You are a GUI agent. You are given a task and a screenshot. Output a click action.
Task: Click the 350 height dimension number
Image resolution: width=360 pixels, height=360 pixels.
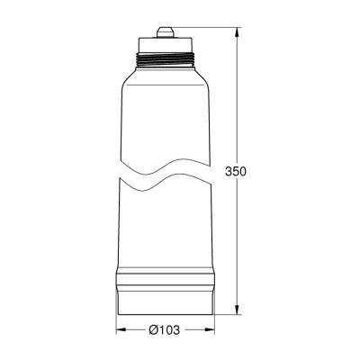point(236,171)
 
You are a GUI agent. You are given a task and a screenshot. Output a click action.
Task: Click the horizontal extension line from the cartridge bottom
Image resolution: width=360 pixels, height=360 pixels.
point(229,313)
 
